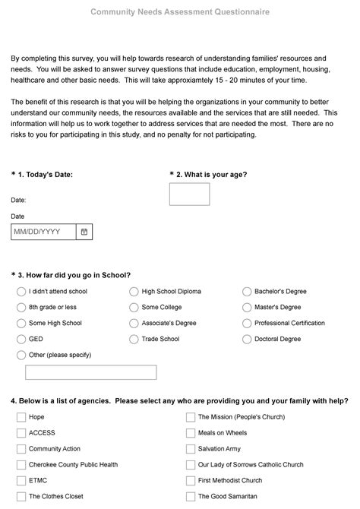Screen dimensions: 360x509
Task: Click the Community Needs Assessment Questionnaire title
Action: point(179,13)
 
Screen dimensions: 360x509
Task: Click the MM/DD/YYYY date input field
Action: point(43,231)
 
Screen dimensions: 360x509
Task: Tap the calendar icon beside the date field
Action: point(84,231)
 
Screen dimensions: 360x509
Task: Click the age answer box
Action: point(189,194)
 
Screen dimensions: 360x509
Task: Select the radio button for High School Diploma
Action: point(134,291)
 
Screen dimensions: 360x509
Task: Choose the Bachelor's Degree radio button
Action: point(247,291)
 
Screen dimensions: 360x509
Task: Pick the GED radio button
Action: point(21,339)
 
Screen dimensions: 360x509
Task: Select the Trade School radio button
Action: point(134,339)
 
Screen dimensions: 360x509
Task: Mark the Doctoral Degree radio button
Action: point(247,339)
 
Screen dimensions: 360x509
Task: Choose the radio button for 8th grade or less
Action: point(21,307)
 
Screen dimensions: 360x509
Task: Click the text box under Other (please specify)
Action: point(90,372)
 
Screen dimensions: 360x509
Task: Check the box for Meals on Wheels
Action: point(191,433)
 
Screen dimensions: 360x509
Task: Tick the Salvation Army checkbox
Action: point(191,449)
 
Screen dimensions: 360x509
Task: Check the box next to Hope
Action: point(21,417)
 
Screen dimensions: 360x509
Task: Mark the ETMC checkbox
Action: point(21,481)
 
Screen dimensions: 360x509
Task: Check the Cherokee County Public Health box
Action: point(21,465)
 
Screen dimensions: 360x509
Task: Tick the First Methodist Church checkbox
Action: point(191,481)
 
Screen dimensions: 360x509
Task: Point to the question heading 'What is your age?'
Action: point(211,174)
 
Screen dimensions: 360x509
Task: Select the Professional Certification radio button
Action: point(247,323)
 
